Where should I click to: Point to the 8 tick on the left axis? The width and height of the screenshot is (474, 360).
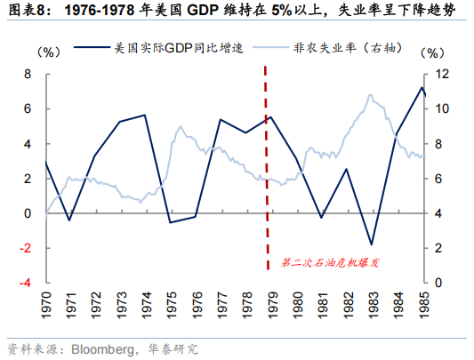28,74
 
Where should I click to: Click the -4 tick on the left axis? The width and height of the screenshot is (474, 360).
25,283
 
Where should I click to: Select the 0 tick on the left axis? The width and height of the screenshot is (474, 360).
28,213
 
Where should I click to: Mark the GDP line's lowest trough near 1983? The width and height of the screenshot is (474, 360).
372,244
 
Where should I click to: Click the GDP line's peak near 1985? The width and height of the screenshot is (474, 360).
422,87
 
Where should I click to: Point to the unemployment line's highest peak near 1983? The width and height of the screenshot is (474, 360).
368,95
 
